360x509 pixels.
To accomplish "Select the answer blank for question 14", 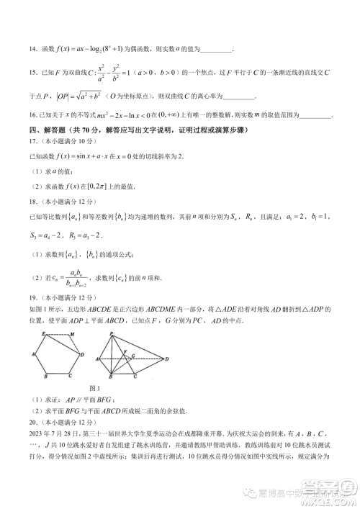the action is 215,50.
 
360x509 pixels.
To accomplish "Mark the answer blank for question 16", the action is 315,114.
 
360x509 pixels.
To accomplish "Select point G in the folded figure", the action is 132,356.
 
